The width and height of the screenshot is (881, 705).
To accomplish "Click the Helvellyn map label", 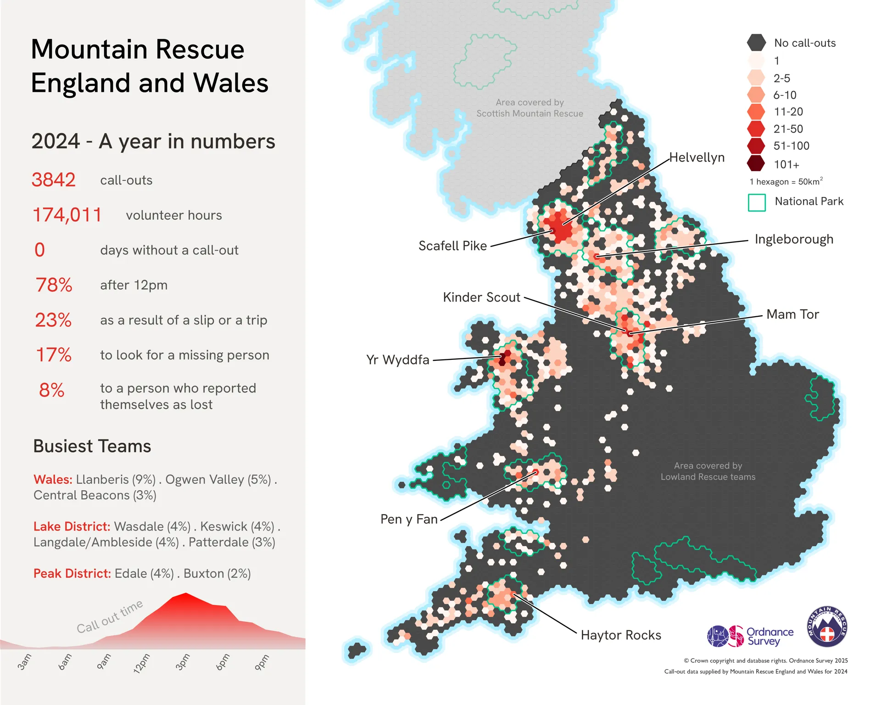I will pyautogui.click(x=697, y=157).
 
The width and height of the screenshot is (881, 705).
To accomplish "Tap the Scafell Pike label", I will pyautogui.click(x=452, y=246).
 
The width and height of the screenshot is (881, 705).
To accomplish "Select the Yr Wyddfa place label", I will pyautogui.click(x=397, y=360).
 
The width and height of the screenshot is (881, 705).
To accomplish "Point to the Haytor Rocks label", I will pyautogui.click(x=621, y=635).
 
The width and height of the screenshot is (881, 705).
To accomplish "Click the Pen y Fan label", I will pyautogui.click(x=409, y=519).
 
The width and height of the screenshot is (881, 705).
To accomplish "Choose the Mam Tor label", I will pyautogui.click(x=792, y=314).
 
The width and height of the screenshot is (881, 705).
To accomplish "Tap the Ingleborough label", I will pyautogui.click(x=794, y=240).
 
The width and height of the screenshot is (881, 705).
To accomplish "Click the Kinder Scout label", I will pyautogui.click(x=481, y=297).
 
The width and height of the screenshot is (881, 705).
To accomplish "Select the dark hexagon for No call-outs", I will pyautogui.click(x=756, y=43).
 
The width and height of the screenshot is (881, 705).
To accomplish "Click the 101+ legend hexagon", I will pyautogui.click(x=756, y=163).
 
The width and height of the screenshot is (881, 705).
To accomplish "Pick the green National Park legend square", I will pyautogui.click(x=757, y=202).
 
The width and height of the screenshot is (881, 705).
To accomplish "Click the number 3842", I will pyautogui.click(x=53, y=180).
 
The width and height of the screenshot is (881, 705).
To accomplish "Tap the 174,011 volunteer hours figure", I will pyautogui.click(x=67, y=215).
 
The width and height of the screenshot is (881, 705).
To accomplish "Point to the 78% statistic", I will pyautogui.click(x=54, y=285).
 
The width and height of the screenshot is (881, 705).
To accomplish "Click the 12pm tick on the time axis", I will pyautogui.click(x=142, y=663).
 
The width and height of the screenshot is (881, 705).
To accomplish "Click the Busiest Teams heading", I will pyautogui.click(x=92, y=446).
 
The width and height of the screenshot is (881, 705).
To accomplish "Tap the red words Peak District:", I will pyautogui.click(x=72, y=574).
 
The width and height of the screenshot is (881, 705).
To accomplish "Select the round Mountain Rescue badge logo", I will pyautogui.click(x=827, y=627).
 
